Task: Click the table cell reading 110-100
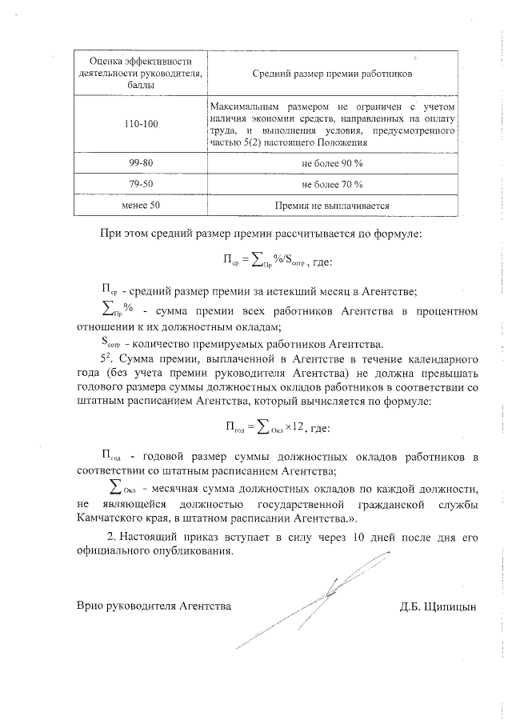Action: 141,124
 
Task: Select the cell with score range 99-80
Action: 141,162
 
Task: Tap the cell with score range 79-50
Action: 141,183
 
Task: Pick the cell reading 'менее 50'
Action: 141,205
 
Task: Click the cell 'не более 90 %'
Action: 332,162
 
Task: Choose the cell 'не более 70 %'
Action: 332,183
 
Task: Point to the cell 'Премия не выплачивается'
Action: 332,205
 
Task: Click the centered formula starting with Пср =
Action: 278,260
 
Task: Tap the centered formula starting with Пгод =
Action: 278,426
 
